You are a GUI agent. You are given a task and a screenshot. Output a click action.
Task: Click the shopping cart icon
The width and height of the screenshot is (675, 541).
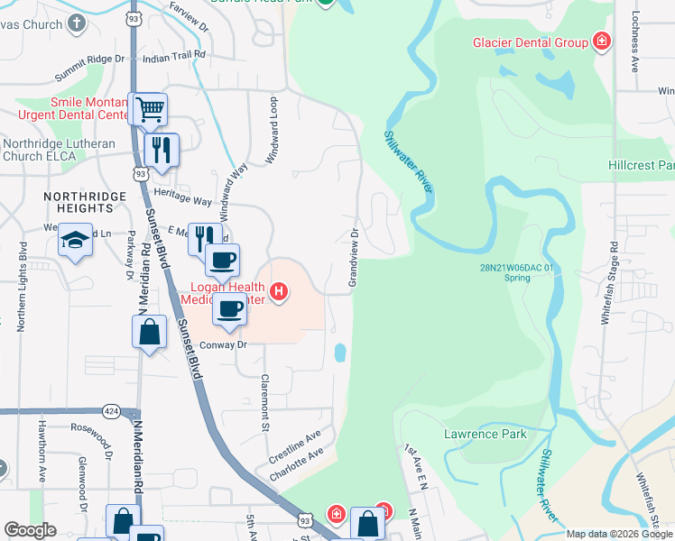pyautogui.click(x=149, y=111)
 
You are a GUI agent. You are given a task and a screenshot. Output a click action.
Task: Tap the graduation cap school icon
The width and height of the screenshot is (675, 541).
pyautogui.click(x=76, y=241)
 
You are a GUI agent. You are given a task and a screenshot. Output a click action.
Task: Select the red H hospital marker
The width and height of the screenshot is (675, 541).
pyautogui.click(x=280, y=291)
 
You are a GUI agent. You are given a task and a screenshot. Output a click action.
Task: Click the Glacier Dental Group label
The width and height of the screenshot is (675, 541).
pyautogui.click(x=530, y=42)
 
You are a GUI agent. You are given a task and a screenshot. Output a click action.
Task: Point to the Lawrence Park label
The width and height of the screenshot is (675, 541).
pyautogui.click(x=485, y=434)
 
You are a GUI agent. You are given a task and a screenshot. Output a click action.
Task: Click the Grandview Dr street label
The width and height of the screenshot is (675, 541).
pyautogui.click(x=355, y=258)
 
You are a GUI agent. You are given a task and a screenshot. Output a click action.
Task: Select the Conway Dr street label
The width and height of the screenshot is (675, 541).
pyautogui.click(x=222, y=344)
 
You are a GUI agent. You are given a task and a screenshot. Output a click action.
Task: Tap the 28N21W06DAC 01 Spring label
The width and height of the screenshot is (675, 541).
pyautogui.click(x=518, y=272)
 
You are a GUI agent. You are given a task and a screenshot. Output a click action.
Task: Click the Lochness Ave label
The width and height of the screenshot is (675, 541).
pyautogui.click(x=635, y=41)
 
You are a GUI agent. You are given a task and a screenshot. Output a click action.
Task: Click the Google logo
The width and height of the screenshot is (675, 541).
pyautogui.click(x=31, y=529)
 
